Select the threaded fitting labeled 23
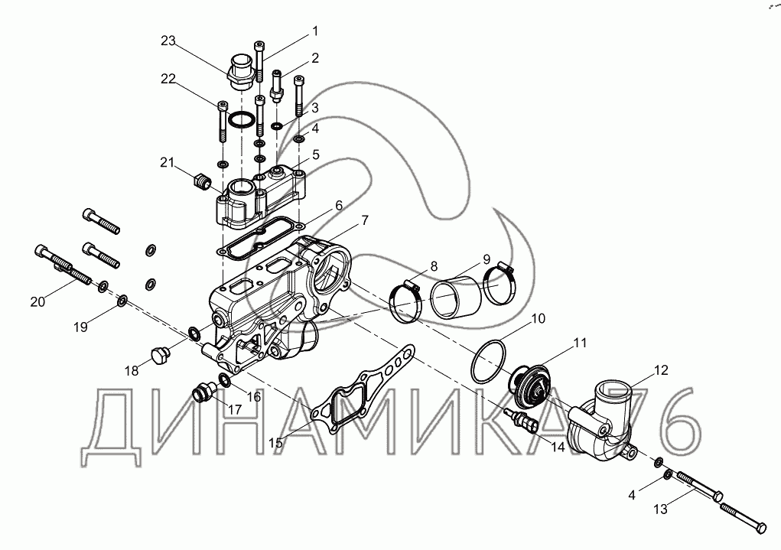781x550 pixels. point(241,67)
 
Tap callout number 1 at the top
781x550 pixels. point(314,31)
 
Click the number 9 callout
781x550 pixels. point(486,258)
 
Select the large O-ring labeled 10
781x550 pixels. point(490,360)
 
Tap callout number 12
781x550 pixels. point(661,370)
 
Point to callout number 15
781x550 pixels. point(275,442)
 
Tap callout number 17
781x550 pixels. point(213,409)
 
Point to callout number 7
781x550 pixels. point(365,220)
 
